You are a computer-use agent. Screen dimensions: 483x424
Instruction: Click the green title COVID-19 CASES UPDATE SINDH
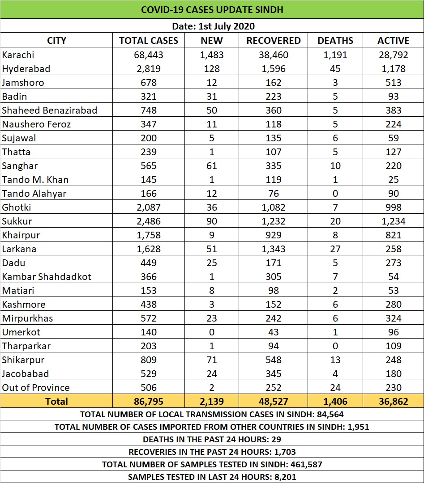pos(212,9)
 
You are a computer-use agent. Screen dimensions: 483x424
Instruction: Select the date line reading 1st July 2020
pos(212,26)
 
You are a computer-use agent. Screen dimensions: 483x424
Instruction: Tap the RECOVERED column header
pos(273,40)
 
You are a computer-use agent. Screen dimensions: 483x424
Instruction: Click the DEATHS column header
pos(335,40)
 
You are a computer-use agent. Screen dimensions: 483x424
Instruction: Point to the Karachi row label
pos(18,55)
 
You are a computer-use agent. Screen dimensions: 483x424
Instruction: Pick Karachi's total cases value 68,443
pos(148,55)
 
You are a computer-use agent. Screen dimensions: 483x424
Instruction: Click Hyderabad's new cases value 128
pos(211,68)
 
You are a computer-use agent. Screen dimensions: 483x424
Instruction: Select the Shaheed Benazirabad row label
pos(49,110)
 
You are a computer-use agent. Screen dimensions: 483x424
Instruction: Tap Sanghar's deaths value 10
pos(335,165)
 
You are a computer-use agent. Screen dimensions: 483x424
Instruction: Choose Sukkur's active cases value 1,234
pos(393,221)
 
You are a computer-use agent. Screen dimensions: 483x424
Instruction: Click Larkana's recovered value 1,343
pos(273,249)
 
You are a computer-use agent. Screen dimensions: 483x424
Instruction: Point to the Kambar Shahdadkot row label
pos(47,276)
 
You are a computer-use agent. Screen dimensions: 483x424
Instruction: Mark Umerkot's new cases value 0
pos(211,332)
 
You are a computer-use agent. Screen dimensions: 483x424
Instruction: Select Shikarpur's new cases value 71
pos(211,360)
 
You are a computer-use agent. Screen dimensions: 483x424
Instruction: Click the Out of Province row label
pos(36,387)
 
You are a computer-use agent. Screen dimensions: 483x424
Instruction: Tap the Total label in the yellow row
pos(56,401)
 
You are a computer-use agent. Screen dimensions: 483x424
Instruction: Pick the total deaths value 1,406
pos(335,401)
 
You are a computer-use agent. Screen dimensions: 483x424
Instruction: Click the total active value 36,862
pos(393,401)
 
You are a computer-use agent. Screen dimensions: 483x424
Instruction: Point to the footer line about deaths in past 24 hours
pos(212,439)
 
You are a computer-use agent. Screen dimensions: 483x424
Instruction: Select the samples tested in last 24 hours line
pos(212,477)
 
